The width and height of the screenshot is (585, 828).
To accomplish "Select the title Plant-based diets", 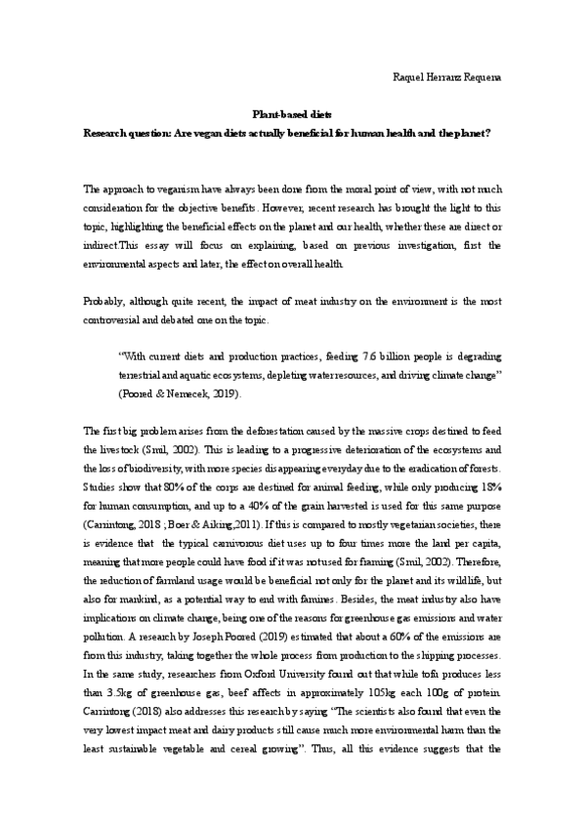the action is click(293, 114).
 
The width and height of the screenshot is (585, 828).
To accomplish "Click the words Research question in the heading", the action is click(124, 132).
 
